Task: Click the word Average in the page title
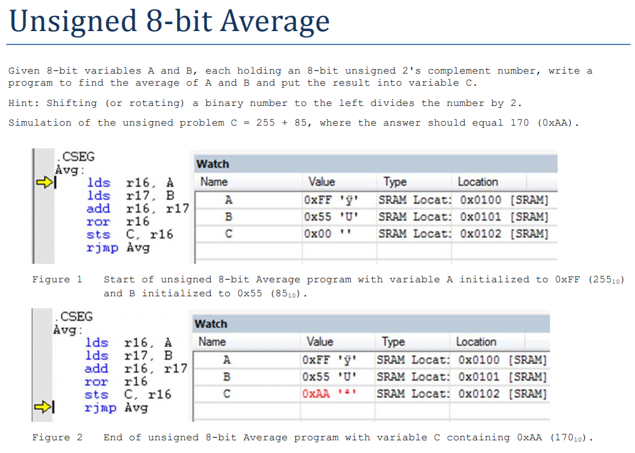[x=275, y=22]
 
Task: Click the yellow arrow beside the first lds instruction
[x=44, y=183]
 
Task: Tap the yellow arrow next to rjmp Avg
[x=43, y=407]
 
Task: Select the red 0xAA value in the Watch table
[x=316, y=393]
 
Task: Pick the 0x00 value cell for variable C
[x=317, y=233]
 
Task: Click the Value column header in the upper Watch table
[x=321, y=181]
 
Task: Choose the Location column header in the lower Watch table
[x=476, y=342]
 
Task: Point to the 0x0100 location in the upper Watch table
[x=480, y=200]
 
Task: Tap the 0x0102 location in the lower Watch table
[x=479, y=393]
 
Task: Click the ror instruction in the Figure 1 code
[x=98, y=221]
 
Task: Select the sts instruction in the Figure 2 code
[x=97, y=395]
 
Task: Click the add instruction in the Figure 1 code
[x=98, y=209]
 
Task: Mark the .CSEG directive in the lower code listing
[x=74, y=317]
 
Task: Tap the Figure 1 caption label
[x=57, y=280]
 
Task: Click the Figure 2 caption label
[x=57, y=437]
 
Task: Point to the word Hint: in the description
[x=23, y=103]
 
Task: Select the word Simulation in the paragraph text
[x=39, y=122]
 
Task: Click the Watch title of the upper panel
[x=213, y=164]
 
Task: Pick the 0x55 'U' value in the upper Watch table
[x=331, y=217]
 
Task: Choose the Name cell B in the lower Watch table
[x=227, y=377]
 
